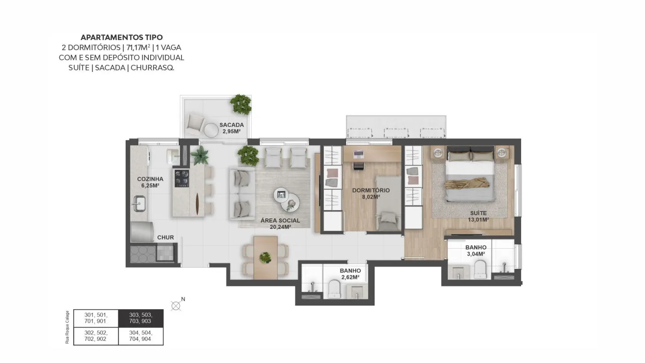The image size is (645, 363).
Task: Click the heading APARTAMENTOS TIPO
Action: [x=122, y=37]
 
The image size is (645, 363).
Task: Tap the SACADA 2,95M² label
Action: [x=231, y=128]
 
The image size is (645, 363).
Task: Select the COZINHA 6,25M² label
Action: [x=150, y=182]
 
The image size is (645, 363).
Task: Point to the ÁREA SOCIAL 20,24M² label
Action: [x=280, y=224]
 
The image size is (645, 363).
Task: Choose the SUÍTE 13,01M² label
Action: [x=478, y=217]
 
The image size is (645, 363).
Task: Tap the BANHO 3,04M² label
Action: [x=476, y=251]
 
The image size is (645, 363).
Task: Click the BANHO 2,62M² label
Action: [x=350, y=274]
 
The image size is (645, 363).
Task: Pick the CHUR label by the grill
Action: [x=165, y=238]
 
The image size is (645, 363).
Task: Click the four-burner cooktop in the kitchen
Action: [x=182, y=178]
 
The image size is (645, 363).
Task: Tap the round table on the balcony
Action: [x=211, y=130]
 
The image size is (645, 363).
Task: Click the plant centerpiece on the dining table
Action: [x=265, y=258]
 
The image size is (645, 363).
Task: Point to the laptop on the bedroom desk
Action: [x=359, y=154]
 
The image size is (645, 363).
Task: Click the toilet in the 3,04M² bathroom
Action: [x=480, y=269]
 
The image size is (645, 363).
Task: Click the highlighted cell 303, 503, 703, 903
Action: [x=141, y=318]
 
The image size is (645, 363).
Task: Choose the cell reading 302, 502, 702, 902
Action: [x=96, y=336]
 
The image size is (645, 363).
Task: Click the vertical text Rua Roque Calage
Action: [x=67, y=327]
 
